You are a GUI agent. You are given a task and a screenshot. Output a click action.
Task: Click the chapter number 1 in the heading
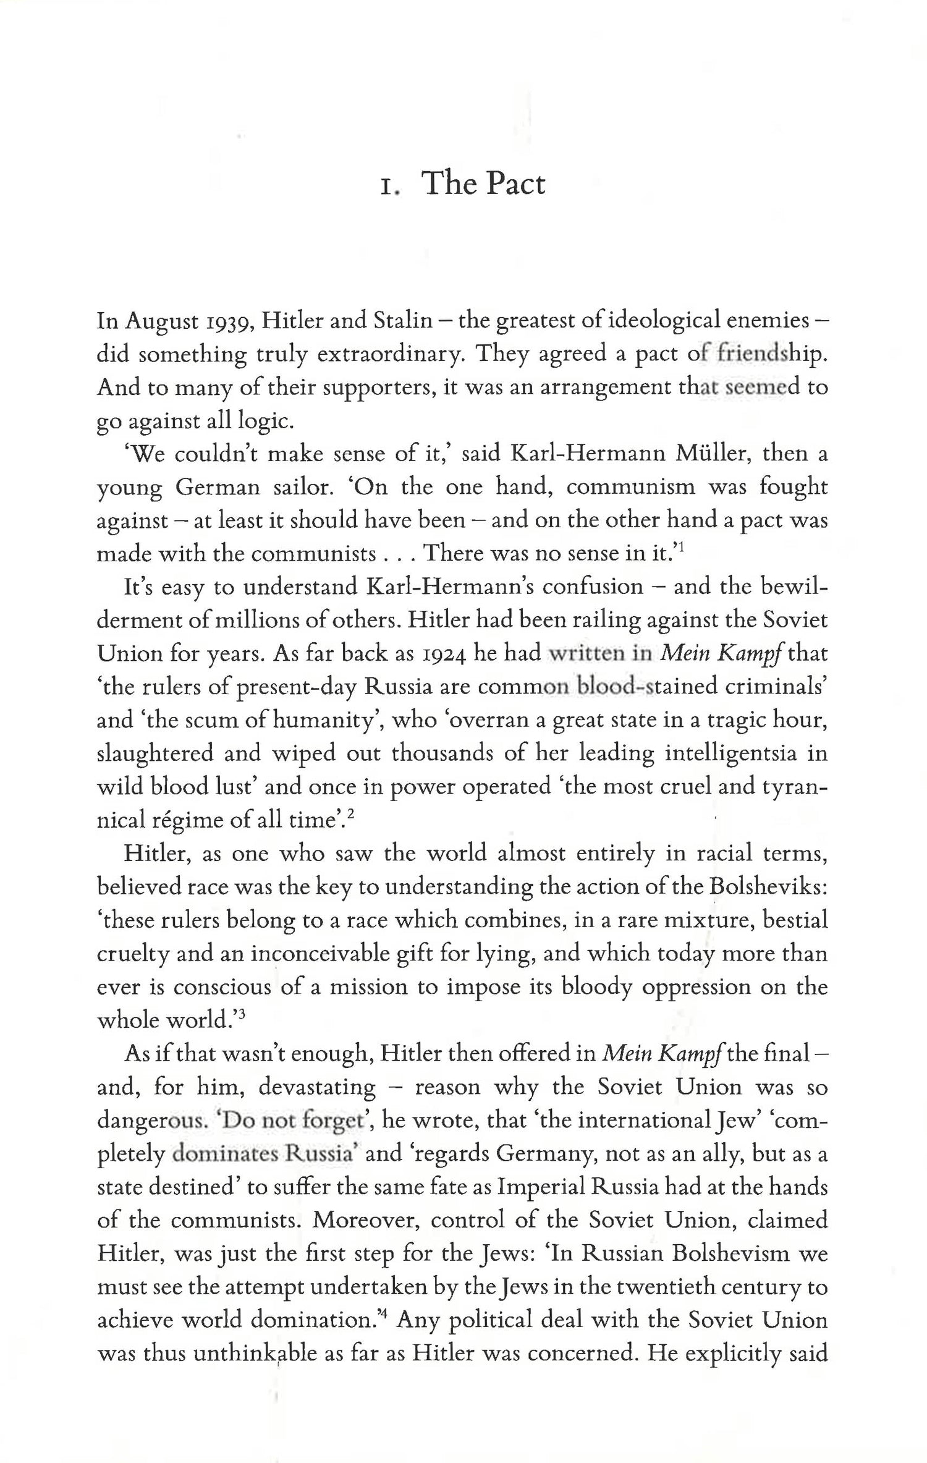point(387,185)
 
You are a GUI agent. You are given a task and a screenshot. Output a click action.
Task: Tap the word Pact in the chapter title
point(516,184)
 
